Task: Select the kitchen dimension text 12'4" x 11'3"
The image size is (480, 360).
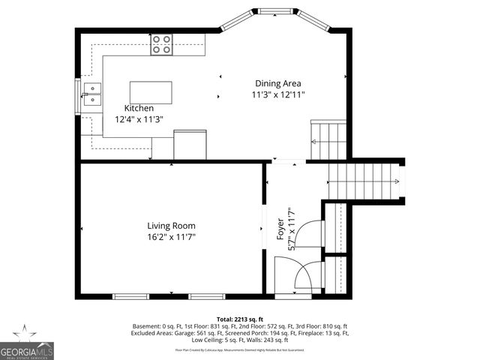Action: pos(139,118)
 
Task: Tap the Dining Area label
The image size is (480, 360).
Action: pos(278,83)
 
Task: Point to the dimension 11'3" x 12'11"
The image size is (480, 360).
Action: pos(278,94)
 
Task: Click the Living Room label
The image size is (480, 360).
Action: pos(171,225)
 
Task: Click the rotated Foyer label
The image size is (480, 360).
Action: pos(280,223)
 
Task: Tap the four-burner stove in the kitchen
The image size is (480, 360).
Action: pos(162,45)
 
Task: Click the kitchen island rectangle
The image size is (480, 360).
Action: pos(145,92)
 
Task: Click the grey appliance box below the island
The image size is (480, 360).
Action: pos(190,143)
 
